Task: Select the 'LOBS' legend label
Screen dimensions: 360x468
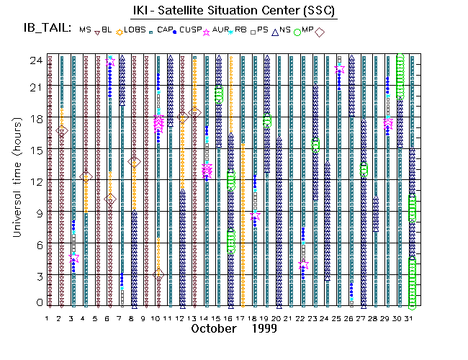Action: tap(135, 30)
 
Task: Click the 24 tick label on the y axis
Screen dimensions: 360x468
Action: tap(35, 60)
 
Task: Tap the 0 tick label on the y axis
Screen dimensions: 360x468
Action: tap(37, 303)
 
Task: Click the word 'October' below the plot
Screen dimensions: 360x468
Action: tap(214, 328)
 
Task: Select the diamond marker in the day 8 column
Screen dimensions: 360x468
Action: tap(134, 162)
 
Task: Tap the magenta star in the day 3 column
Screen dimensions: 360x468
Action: tap(74, 257)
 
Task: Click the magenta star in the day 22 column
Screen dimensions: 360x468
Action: tap(304, 265)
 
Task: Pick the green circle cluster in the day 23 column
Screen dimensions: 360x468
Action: tap(315, 145)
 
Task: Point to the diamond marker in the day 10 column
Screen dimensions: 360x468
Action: tap(158, 274)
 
